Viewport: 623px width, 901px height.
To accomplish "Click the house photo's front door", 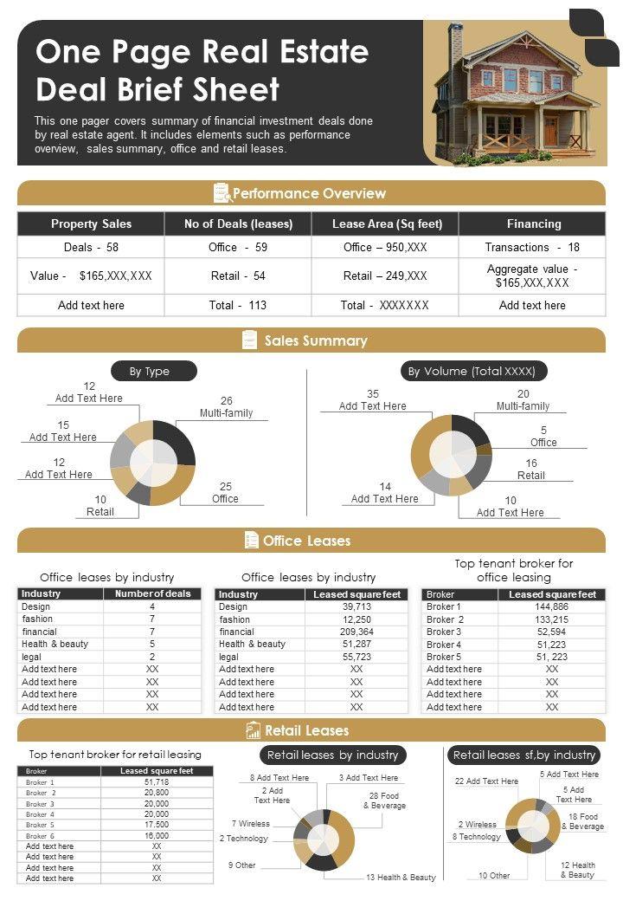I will [x=551, y=131].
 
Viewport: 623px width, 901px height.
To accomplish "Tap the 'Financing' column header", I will [x=533, y=224].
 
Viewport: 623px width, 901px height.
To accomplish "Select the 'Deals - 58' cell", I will [x=91, y=247].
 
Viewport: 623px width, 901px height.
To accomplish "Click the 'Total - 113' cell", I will [x=238, y=305].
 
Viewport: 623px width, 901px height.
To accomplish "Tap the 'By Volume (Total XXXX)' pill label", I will [x=472, y=371].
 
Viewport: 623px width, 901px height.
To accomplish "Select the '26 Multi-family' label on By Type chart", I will [x=226, y=406].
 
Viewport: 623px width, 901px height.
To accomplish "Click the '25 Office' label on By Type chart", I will [x=225, y=492].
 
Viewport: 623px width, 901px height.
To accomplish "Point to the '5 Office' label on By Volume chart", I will [x=543, y=436].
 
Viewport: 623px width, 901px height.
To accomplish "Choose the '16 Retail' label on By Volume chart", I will [x=531, y=469].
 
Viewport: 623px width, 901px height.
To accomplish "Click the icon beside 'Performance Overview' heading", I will [x=222, y=193].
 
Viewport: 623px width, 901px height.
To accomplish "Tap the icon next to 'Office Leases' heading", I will [x=252, y=541].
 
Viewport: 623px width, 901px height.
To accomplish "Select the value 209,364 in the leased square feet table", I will [x=356, y=632].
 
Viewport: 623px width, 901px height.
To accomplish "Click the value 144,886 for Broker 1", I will [x=552, y=606].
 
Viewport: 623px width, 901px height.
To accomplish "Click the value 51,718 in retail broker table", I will [x=157, y=781].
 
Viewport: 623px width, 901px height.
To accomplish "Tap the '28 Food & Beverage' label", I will [x=383, y=801].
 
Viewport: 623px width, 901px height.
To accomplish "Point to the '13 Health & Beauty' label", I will [x=401, y=878].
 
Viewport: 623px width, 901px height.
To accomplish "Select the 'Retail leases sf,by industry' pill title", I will [x=524, y=755].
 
